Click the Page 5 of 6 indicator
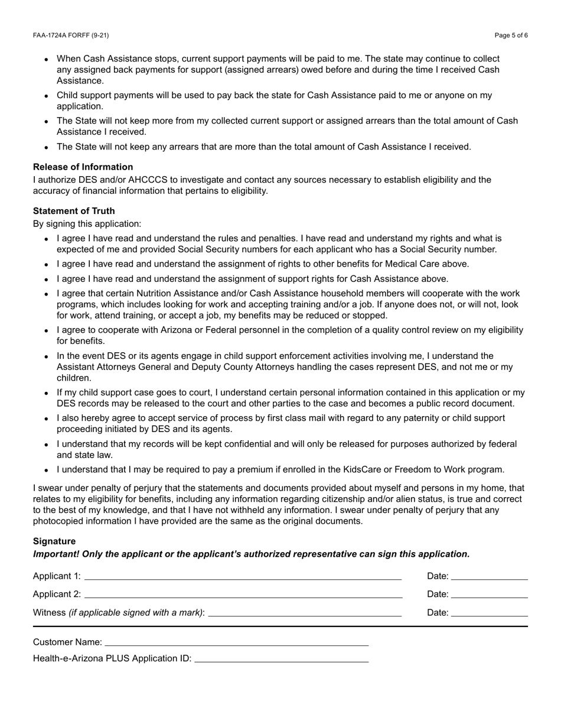coord(511,35)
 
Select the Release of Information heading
coord(83,167)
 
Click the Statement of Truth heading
coord(74,211)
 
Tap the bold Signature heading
coord(54,541)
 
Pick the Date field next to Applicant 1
coord(489,576)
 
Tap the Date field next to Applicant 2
coord(489,595)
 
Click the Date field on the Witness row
coord(489,613)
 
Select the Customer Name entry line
coord(236,642)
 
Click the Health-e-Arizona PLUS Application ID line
coord(281,658)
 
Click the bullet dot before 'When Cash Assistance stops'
coord(47,60)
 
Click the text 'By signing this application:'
coord(87,224)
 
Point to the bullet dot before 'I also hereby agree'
coord(47,419)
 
